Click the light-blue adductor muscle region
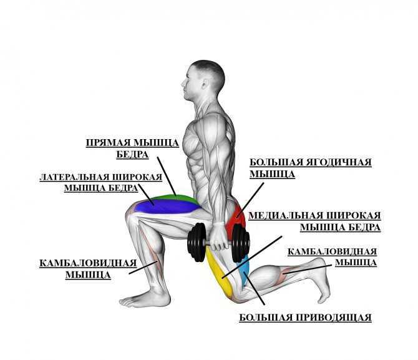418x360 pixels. click(245, 270)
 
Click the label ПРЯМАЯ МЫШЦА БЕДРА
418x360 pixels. click(132, 148)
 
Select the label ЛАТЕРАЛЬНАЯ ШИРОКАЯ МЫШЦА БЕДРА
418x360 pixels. click(101, 182)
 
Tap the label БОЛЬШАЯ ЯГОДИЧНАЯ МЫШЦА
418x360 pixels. click(310, 168)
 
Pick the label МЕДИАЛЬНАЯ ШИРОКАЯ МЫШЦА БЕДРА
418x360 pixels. click(314, 221)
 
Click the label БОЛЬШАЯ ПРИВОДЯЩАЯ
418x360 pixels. click(305, 318)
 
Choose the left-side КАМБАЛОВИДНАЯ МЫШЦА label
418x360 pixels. click(88, 269)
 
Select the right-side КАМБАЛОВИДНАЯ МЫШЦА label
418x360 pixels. click(332, 257)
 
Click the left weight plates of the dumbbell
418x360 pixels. click(197, 242)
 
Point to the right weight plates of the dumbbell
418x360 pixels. click(240, 243)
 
